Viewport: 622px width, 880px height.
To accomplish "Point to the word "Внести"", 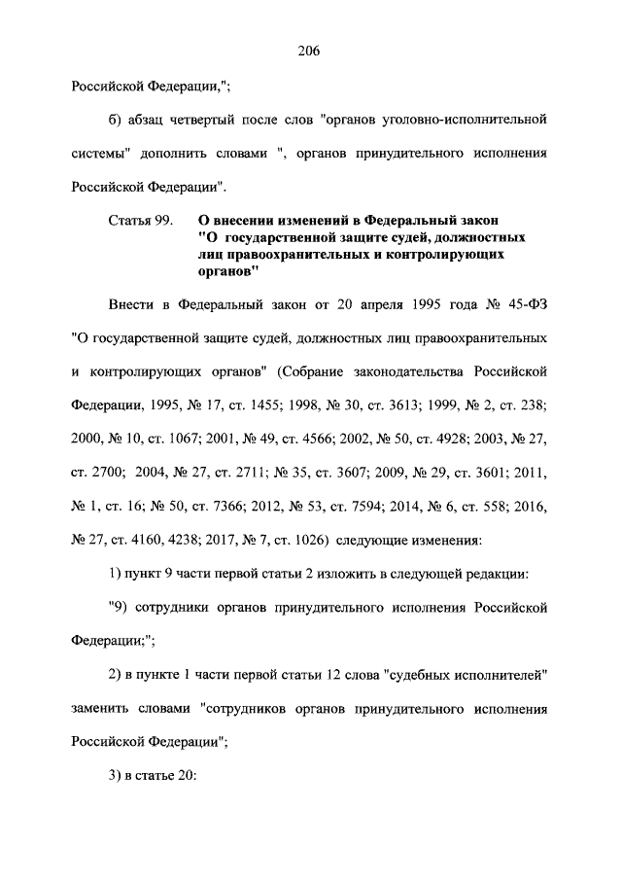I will click(136, 307).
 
